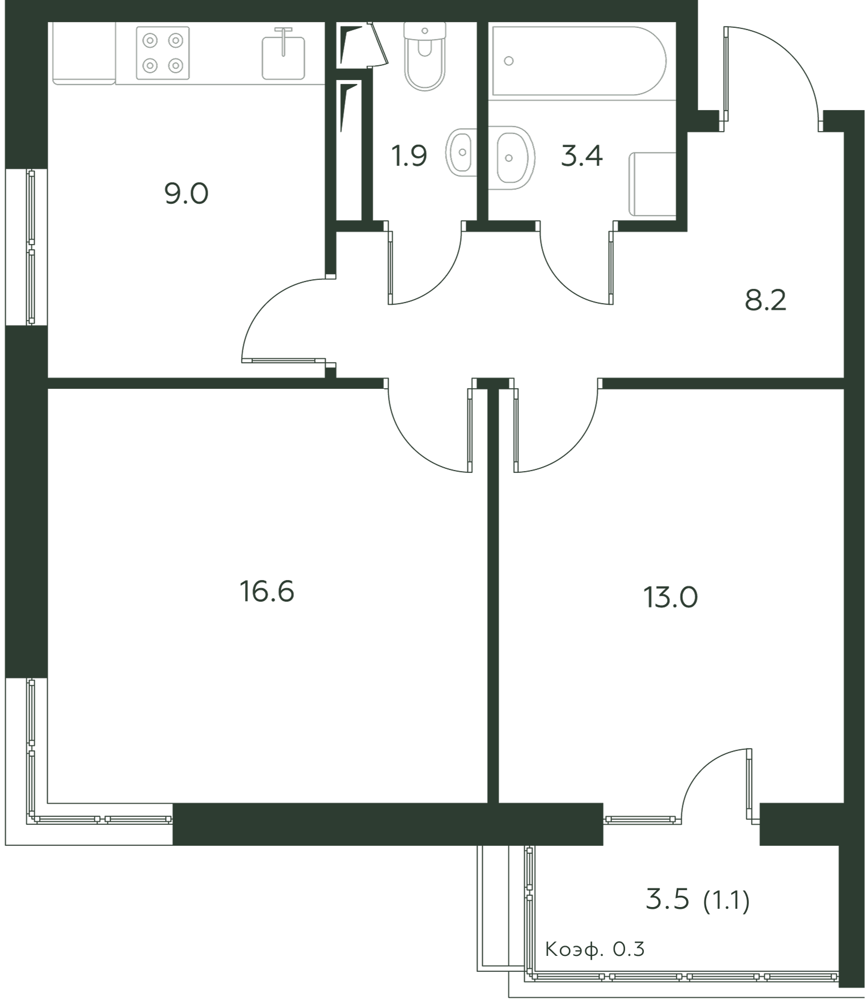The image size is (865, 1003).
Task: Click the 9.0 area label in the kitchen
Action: pos(186,194)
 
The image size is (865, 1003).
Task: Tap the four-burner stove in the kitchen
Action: pos(163,53)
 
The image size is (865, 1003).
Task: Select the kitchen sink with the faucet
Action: pos(283,57)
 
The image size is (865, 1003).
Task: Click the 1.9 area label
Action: pos(409,156)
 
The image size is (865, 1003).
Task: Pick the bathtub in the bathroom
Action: pos(579,60)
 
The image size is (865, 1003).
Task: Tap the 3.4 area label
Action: pos(581,156)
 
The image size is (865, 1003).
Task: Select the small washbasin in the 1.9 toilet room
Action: pos(462,152)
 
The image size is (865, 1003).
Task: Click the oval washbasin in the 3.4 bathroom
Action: pos(511,157)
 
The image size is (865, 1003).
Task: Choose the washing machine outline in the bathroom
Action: pos(652,184)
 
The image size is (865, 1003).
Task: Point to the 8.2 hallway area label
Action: pos(765,301)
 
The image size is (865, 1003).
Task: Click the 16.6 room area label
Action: pos(267,591)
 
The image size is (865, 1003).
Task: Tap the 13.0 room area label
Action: pos(670,597)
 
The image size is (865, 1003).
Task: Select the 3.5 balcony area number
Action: pos(668,900)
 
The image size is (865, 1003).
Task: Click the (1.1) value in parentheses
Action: pos(727,901)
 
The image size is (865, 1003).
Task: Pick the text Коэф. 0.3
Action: pos(594,949)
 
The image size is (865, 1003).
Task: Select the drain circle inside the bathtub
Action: pos(509,61)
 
